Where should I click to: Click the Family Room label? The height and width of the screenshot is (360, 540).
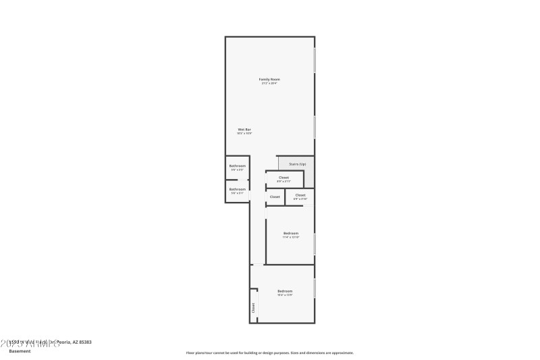(269, 80)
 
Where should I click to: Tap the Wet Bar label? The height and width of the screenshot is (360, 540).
(244, 129)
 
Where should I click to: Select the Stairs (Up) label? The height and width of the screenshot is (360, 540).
(297, 163)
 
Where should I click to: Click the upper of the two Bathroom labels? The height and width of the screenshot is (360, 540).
(237, 165)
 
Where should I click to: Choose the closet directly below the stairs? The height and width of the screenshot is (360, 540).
(283, 178)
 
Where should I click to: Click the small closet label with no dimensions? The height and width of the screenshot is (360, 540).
(275, 197)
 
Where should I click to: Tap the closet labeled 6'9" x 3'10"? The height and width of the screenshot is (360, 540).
(300, 195)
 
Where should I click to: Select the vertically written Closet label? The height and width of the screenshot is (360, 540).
(254, 307)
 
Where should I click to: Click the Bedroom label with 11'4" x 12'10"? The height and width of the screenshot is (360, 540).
(291, 233)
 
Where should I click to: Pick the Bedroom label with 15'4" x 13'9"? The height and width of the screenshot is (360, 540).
(285, 291)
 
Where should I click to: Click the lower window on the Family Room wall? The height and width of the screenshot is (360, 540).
(315, 127)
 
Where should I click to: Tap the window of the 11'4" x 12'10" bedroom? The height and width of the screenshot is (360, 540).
(315, 243)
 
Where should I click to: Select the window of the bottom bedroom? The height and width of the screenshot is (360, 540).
(315, 287)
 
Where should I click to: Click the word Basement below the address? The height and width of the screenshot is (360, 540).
(20, 351)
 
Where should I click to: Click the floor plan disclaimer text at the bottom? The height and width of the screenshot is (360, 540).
(269, 353)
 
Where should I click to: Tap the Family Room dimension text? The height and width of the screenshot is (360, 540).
(269, 84)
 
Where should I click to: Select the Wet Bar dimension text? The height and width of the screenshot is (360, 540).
(244, 133)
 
